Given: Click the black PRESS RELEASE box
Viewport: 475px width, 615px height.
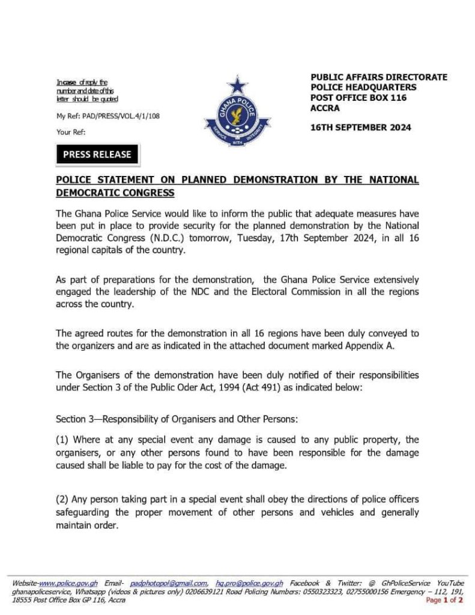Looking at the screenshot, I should coord(97,154).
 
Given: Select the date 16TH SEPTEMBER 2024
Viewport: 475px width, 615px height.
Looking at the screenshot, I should coord(360,128).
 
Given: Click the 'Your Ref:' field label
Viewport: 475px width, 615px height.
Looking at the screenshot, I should coord(71,132).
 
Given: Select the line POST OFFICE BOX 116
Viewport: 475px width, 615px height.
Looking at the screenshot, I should coord(359,97).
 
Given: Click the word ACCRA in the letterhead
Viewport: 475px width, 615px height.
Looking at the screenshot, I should coord(325,108).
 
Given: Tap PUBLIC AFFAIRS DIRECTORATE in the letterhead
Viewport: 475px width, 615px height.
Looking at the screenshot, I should coord(379,77).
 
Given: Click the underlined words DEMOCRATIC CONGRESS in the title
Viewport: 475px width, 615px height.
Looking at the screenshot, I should coord(115,193).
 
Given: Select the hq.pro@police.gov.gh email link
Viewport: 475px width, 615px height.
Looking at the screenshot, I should coord(249,583).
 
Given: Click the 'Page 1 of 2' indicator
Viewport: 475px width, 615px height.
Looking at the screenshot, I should coord(444,599).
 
